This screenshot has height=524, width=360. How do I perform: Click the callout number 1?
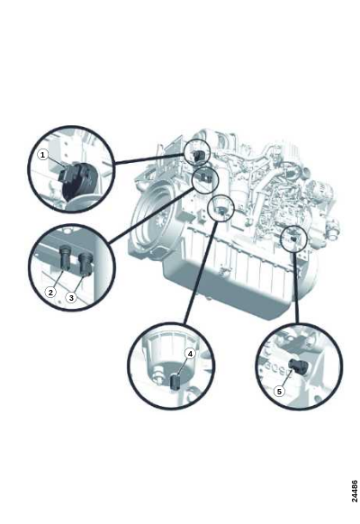click(42, 155)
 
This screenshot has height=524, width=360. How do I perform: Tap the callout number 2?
click(50, 293)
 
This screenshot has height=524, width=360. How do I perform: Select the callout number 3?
click(71, 297)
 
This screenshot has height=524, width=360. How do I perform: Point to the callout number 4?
click(190, 354)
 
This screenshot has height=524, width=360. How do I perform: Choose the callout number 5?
click(280, 392)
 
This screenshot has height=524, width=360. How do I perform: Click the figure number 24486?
click(355, 491)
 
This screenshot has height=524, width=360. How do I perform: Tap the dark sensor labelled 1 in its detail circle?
click(76, 180)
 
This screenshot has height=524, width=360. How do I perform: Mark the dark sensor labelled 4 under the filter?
click(175, 382)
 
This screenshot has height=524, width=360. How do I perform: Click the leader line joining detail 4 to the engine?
click(201, 272)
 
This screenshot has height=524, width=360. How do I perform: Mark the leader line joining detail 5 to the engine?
click(296, 287)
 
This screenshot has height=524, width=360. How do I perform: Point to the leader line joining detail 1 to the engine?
click(149, 158)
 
